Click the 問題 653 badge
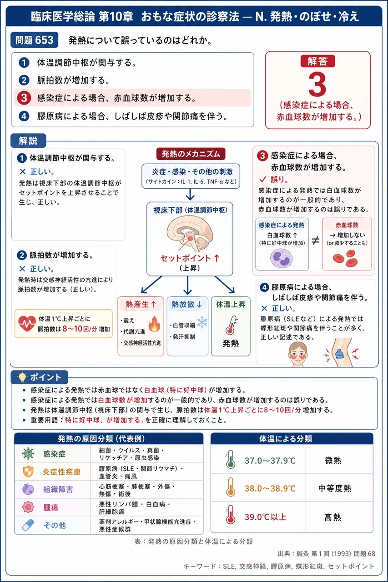[x=34, y=40]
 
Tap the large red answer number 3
[x=317, y=85]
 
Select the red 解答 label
[x=317, y=61]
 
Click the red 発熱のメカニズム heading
[x=191, y=154]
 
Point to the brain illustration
[x=190, y=234]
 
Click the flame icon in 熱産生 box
[x=154, y=324]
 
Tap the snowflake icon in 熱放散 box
[x=202, y=322]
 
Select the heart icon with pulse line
[x=27, y=323]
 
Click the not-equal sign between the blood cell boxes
[x=315, y=241]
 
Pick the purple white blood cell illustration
[x=281, y=258]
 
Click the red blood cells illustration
[x=346, y=258]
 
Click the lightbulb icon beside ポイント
[x=22, y=377]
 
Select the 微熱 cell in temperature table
[x=333, y=461]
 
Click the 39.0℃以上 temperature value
[x=265, y=517]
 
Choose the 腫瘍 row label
[x=50, y=507]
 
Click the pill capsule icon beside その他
[x=28, y=525]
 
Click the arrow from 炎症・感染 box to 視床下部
[x=190, y=194]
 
